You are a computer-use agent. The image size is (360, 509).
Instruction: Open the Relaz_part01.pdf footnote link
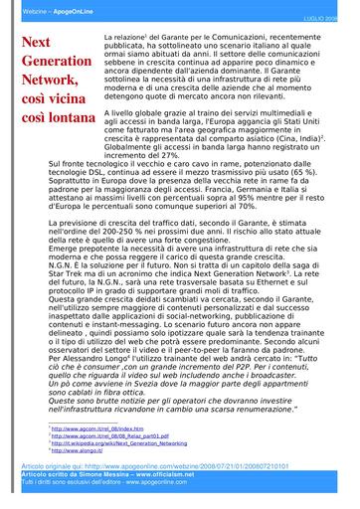tap(108, 435)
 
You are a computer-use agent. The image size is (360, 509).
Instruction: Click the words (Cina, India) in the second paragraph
tap(299, 139)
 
